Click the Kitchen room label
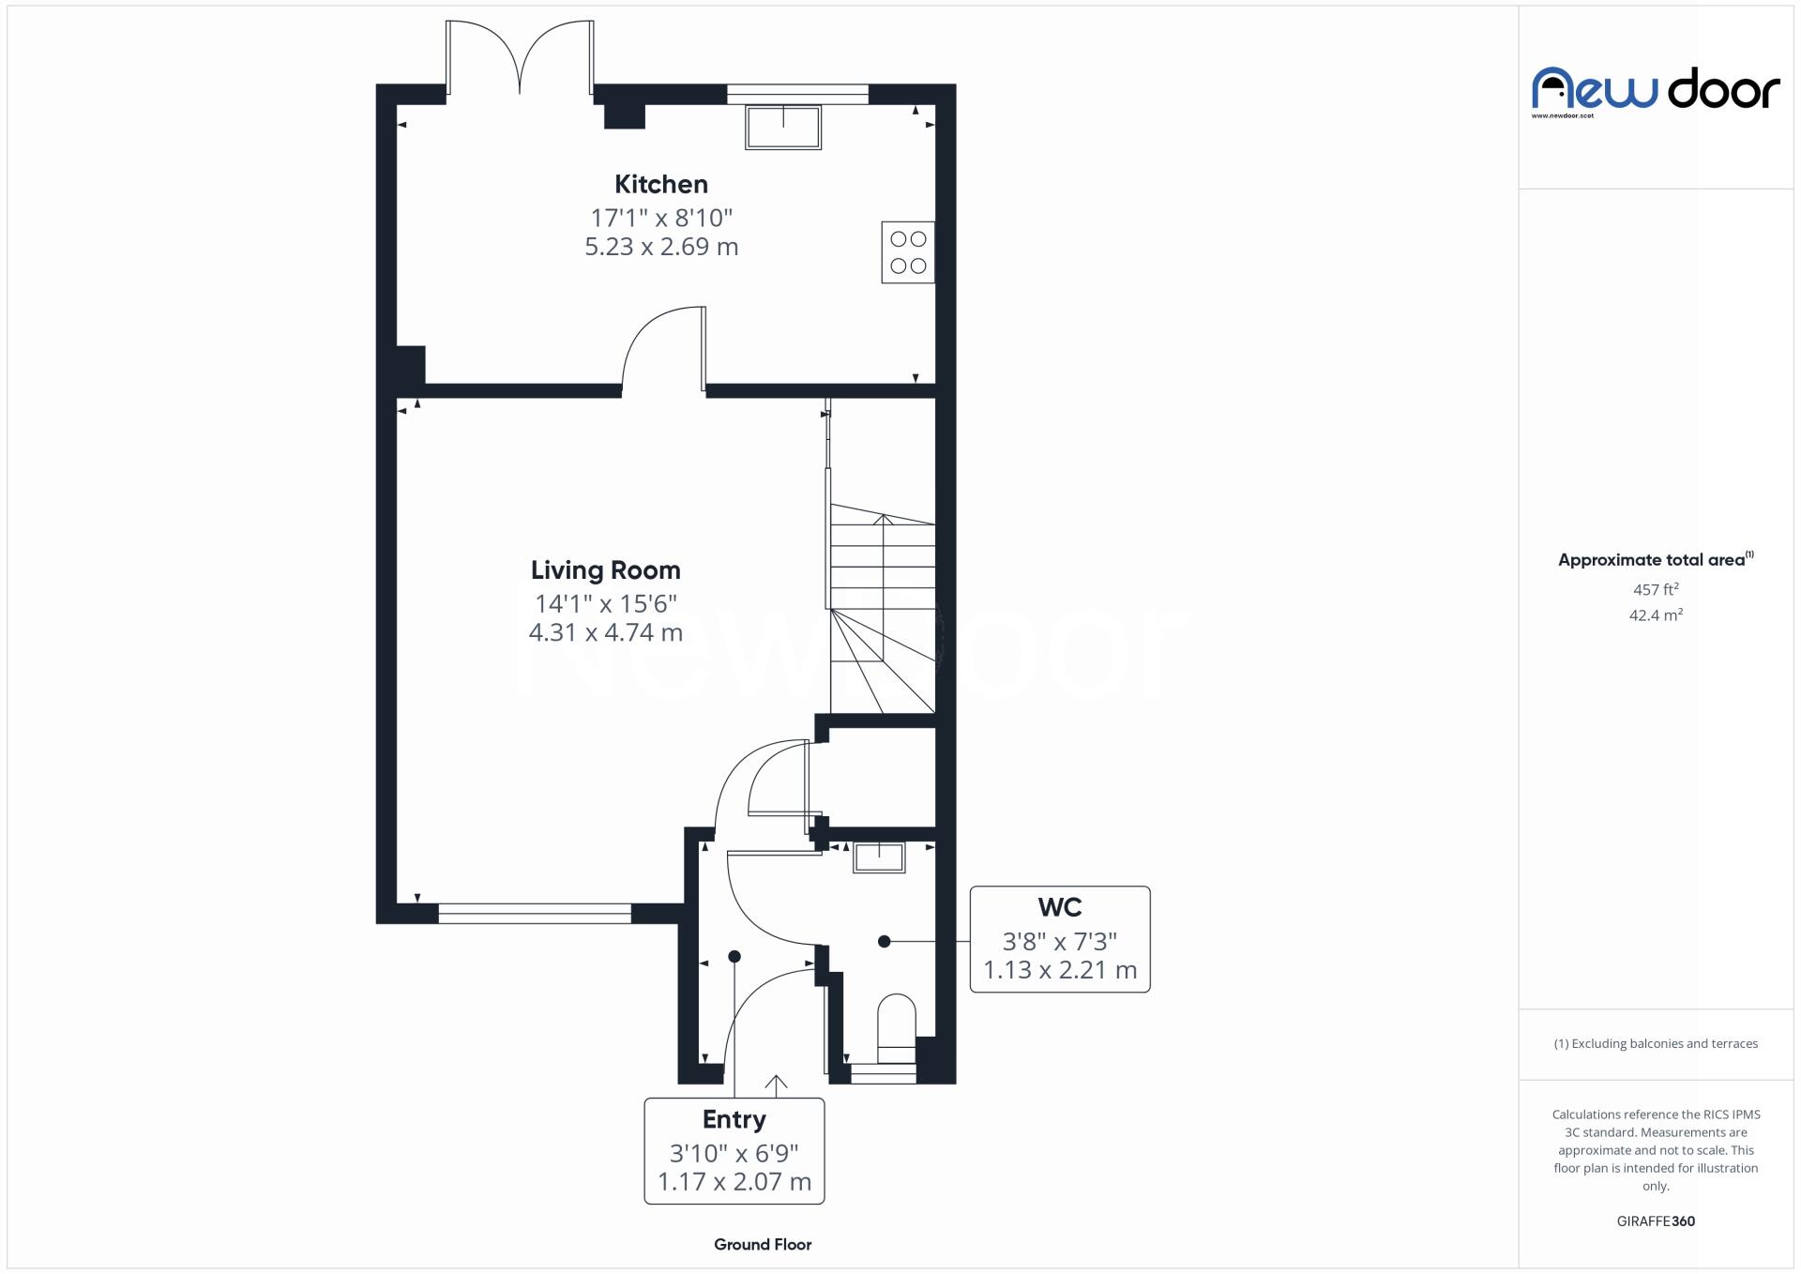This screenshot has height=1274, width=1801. point(660,184)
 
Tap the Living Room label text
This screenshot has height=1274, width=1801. point(605,569)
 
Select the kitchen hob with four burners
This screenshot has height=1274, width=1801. point(907,252)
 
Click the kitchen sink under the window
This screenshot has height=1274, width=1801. point(782,127)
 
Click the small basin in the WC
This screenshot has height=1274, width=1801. point(878,857)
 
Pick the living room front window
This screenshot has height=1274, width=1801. point(534,913)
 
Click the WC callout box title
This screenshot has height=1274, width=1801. point(1059,907)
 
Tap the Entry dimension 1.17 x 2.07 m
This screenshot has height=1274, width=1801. point(734,1181)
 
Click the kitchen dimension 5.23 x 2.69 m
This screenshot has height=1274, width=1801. point(660,247)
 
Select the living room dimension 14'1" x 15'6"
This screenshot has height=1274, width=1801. point(605,603)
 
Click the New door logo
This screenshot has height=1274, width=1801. point(1655,90)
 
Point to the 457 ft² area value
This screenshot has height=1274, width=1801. point(1655,589)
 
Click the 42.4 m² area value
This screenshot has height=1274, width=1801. point(1655,615)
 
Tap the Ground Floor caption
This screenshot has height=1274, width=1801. point(762,1244)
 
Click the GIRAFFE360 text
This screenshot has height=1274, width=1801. point(1655,1221)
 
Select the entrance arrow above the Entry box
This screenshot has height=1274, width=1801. point(775,1084)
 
